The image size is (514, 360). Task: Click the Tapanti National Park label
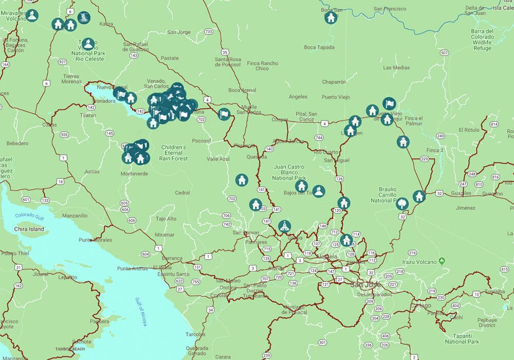click(462, 338)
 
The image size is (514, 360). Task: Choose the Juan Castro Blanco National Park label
click(288, 172)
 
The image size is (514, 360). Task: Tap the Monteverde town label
click(134, 174)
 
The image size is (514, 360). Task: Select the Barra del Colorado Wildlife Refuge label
click(482, 40)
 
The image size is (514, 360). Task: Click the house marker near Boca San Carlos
click(331, 18)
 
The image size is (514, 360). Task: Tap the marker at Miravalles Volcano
click(32, 15)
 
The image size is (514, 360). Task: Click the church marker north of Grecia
click(284, 226)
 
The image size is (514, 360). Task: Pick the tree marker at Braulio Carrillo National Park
click(402, 204)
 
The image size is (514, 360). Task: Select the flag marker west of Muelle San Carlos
click(224, 114)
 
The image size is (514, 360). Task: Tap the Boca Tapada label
click(319, 48)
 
